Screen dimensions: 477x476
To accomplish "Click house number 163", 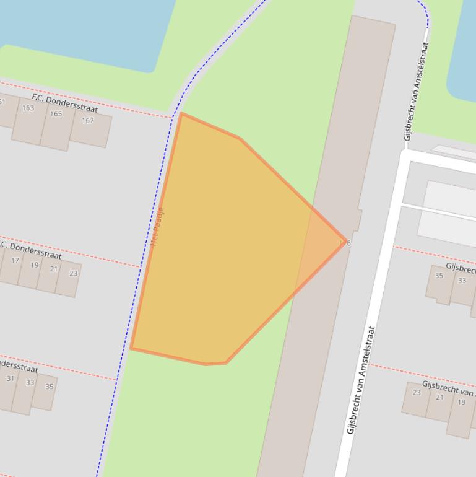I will tap(28, 108).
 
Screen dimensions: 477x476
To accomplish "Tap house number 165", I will tap(56, 114).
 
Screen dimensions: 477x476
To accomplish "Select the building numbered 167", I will tap(88, 120).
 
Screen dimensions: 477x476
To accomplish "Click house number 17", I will tap(15, 260).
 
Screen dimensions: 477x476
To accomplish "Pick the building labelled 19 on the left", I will tap(35, 265).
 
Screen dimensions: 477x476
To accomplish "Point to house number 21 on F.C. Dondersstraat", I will tap(54, 269).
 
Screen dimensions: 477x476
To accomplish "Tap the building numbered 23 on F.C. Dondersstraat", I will tap(74, 273).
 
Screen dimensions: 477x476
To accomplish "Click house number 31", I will tap(11, 379).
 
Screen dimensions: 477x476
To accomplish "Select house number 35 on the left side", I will tap(50, 387).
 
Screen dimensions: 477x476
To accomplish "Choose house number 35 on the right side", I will tap(439, 276).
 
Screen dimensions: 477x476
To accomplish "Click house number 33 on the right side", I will tap(462, 281).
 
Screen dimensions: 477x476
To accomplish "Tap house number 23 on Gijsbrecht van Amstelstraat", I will tap(417, 392).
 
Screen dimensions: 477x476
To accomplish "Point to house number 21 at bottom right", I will tap(439, 397).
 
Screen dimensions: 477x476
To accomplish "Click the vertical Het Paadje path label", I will tap(158, 227).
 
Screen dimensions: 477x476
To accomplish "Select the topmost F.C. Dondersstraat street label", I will tap(64, 103).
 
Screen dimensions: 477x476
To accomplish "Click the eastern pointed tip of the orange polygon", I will tap(342, 243).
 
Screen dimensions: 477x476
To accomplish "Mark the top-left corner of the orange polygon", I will tap(181, 114).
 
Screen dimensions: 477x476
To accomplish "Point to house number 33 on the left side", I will tap(30, 382).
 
